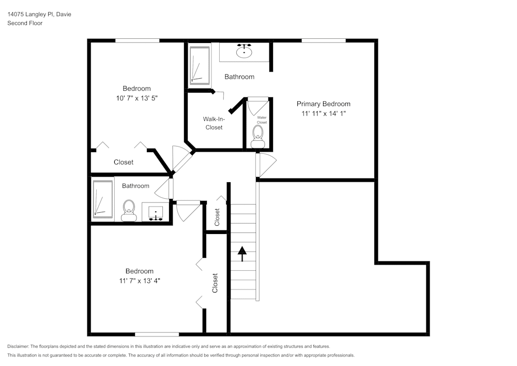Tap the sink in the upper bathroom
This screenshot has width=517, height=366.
(x=244, y=51)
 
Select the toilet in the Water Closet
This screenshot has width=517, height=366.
(x=258, y=136)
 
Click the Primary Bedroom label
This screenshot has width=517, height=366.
(x=323, y=104)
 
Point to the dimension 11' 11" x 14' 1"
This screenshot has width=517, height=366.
(x=323, y=113)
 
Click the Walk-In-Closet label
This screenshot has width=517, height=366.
(x=213, y=123)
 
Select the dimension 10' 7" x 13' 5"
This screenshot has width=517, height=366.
(x=136, y=98)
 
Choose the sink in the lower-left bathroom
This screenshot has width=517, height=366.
(x=156, y=212)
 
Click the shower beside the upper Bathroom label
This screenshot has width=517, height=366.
(x=200, y=65)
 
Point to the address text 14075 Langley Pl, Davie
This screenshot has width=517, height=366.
(x=39, y=14)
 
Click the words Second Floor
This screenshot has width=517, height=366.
(x=25, y=23)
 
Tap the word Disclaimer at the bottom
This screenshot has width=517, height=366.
(x=19, y=346)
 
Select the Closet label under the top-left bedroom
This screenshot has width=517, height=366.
(x=124, y=162)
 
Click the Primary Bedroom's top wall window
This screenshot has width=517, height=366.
(x=324, y=40)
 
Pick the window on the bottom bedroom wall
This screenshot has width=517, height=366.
(x=157, y=334)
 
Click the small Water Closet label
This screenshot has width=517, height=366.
(x=262, y=120)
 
